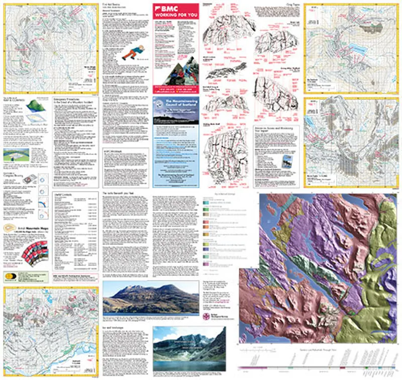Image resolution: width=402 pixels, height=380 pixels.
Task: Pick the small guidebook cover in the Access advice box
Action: pyautogui.click(x=287, y=160)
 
